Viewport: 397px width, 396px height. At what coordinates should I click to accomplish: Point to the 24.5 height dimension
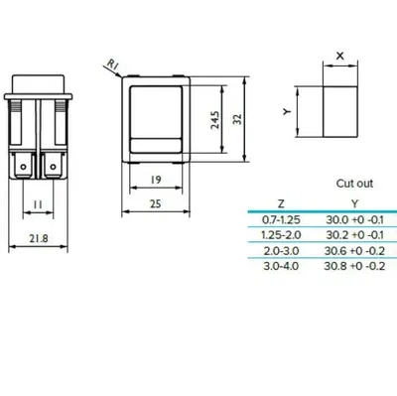(x=215, y=119)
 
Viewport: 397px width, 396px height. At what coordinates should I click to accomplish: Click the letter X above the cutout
(x=340, y=56)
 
